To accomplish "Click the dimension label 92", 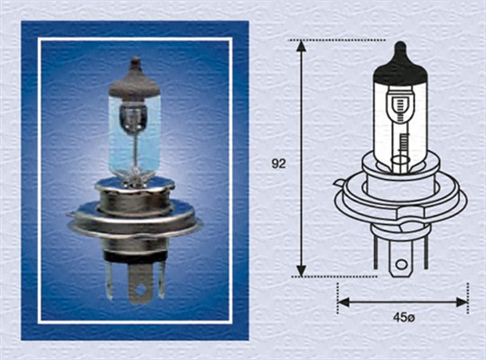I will [x=279, y=164].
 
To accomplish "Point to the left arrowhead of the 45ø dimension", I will [x=343, y=302].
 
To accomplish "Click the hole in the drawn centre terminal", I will [x=403, y=265].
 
